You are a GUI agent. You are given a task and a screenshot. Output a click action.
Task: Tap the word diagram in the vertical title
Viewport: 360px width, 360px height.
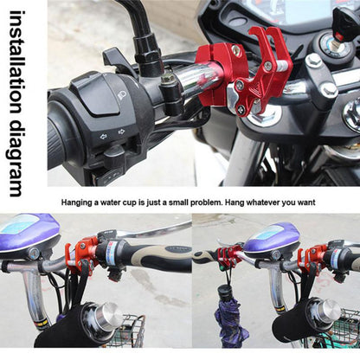(x=16, y=151)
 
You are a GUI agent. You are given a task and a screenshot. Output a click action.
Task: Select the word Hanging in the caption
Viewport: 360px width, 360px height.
(x=79, y=202)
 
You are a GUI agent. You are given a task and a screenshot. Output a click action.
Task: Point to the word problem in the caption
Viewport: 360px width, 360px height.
(x=201, y=202)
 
